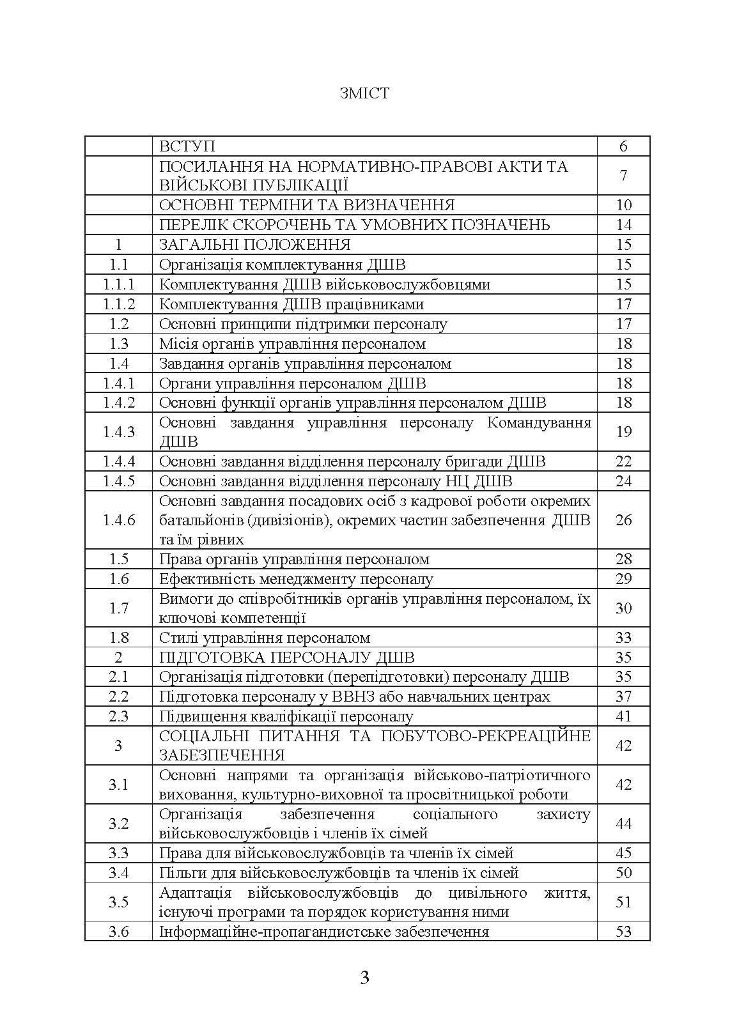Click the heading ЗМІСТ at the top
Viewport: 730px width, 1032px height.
pos(364,93)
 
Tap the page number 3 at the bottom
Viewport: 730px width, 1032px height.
pos(364,977)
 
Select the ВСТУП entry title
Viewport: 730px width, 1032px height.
pos(187,146)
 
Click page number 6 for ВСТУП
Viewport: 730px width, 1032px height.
pos(623,146)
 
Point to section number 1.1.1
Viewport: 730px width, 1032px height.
pos(119,284)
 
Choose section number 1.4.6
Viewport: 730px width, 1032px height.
pos(119,520)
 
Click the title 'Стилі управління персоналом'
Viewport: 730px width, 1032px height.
pos(265,638)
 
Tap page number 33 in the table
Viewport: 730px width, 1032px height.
pos(623,638)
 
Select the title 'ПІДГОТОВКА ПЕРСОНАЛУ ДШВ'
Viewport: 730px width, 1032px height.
pos(286,658)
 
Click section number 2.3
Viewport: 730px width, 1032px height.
pos(119,716)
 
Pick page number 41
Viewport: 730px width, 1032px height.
pos(623,716)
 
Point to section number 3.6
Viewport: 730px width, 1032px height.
pos(119,932)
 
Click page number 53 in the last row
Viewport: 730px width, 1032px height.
pos(623,932)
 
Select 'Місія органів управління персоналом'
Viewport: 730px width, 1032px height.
pos(292,344)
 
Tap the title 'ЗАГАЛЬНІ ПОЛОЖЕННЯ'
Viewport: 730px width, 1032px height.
pos(254,245)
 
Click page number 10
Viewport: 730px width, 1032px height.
pos(623,205)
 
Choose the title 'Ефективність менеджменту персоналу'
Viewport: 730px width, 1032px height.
pos(296,579)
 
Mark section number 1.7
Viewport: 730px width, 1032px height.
pos(119,608)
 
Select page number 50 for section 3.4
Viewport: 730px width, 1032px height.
pos(623,873)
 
